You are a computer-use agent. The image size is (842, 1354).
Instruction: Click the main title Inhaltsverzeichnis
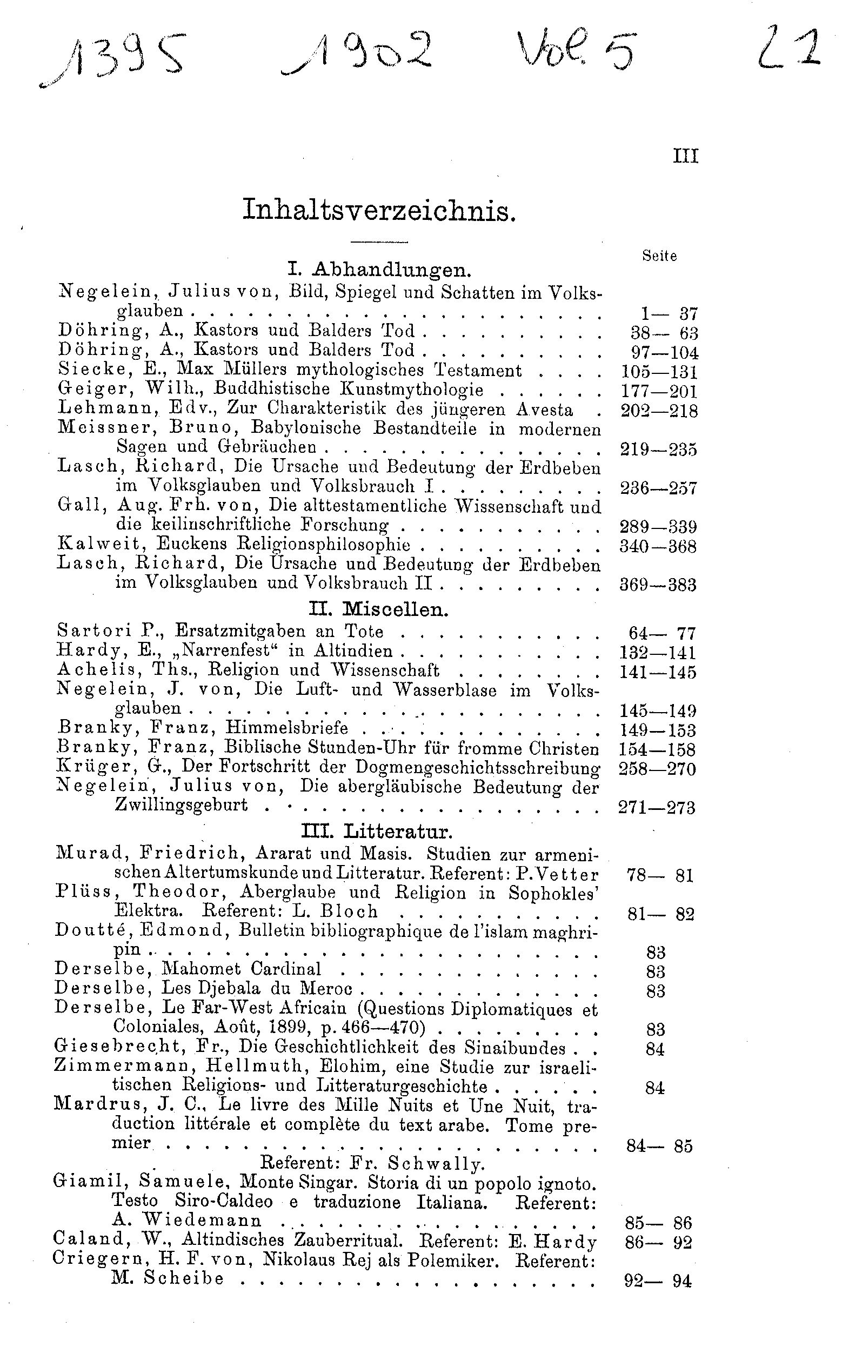[x=379, y=211]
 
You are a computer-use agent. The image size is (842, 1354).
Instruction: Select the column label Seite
[x=659, y=256]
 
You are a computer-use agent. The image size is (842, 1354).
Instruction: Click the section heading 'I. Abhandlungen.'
[x=379, y=271]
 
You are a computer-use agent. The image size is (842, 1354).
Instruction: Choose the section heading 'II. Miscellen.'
[x=378, y=610]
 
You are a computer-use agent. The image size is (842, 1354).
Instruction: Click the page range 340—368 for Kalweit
[x=658, y=546]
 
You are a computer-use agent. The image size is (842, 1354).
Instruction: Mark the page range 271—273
[x=657, y=807]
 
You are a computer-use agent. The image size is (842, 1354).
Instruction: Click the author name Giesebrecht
[x=118, y=1047]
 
